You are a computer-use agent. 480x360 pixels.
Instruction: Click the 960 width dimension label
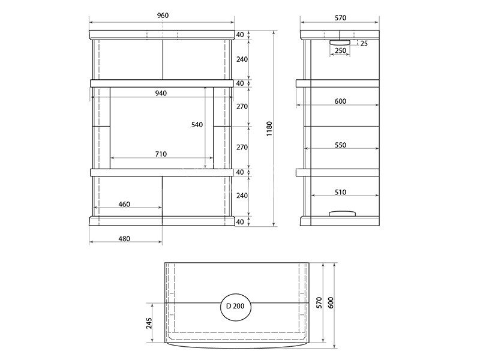[x=163, y=16]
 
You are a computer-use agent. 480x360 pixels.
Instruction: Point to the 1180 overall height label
[x=269, y=129]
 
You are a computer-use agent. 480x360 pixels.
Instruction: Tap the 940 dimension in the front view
[x=161, y=93]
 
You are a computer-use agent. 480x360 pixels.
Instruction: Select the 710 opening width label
[x=161, y=154]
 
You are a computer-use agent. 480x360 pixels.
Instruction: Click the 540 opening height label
[x=197, y=125]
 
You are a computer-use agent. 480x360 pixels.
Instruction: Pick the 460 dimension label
[x=124, y=204]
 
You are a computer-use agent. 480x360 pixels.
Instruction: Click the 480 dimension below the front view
[x=124, y=238]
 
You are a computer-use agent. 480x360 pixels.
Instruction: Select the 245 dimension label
[x=149, y=323]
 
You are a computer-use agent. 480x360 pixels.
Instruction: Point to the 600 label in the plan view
[x=331, y=303]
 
